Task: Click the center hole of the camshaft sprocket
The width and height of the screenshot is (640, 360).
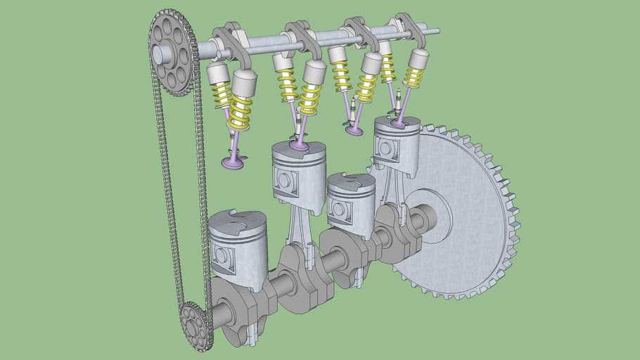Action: tap(160, 52)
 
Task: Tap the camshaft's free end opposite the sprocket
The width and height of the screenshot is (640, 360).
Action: tap(435, 31)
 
